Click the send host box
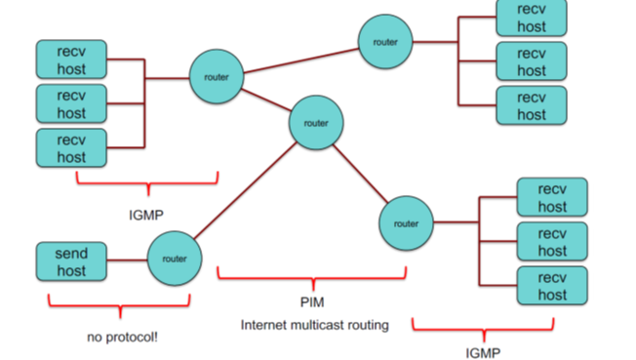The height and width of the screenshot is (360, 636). pos(71,262)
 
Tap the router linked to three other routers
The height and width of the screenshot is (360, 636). pos(316,124)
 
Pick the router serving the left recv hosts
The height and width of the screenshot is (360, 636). pos(216,75)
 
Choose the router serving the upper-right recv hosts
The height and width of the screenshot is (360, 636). pos(385,42)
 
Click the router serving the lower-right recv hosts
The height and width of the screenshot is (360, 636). pos(406,222)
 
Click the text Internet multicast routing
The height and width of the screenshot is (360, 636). pos(314,325)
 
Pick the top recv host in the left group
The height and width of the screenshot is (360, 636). pos(71,60)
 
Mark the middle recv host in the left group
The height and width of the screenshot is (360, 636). pos(71,103)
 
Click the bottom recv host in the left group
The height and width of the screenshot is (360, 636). pos(71,146)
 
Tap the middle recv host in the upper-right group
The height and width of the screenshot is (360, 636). pos(531,61)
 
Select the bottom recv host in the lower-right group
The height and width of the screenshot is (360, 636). pos(552,286)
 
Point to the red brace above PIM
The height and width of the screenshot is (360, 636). pos(312,276)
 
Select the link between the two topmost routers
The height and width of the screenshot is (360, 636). pos(300,59)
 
